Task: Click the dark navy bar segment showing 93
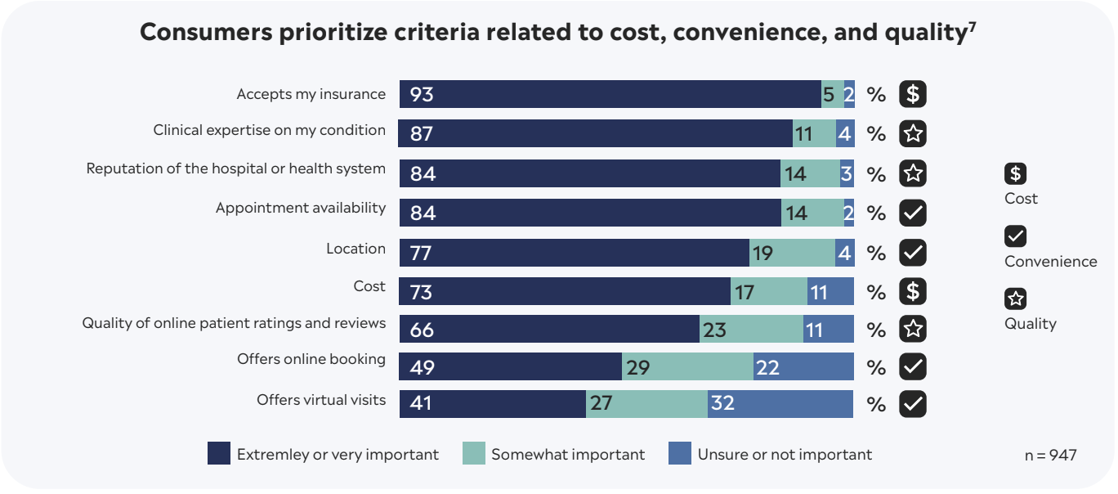coord(610,94)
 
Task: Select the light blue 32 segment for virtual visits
coord(780,403)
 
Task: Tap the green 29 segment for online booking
coord(687,367)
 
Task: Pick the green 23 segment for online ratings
coord(751,330)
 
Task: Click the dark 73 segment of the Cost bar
coord(565,291)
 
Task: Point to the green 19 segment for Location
coord(792,253)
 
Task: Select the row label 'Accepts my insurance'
coord(311,94)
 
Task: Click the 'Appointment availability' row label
coord(300,208)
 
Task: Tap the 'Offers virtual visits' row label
coord(320,400)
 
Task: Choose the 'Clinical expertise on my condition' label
coord(269,130)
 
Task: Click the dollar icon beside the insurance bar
coord(913,95)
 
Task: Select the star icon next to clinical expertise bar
coord(913,133)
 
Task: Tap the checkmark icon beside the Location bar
coord(913,253)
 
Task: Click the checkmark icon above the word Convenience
coord(1015,236)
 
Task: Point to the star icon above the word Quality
coord(1015,299)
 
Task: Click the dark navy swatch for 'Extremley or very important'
coord(219,454)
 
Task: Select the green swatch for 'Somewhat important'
coord(474,454)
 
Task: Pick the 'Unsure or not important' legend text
coord(785,455)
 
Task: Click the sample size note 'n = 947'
coord(1050,455)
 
